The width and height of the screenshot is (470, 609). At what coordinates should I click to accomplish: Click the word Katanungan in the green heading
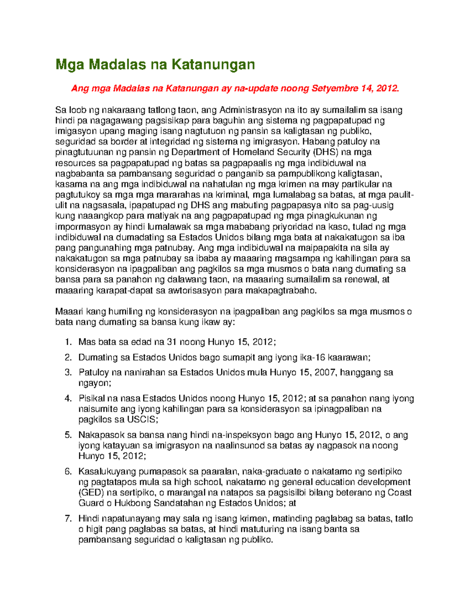(213, 64)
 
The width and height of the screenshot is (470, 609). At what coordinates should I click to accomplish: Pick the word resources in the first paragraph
(76, 163)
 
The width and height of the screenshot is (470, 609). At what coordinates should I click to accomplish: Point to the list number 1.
(69, 342)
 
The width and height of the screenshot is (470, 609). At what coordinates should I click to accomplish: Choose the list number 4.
(69, 398)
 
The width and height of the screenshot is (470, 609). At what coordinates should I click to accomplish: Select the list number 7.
(69, 519)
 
